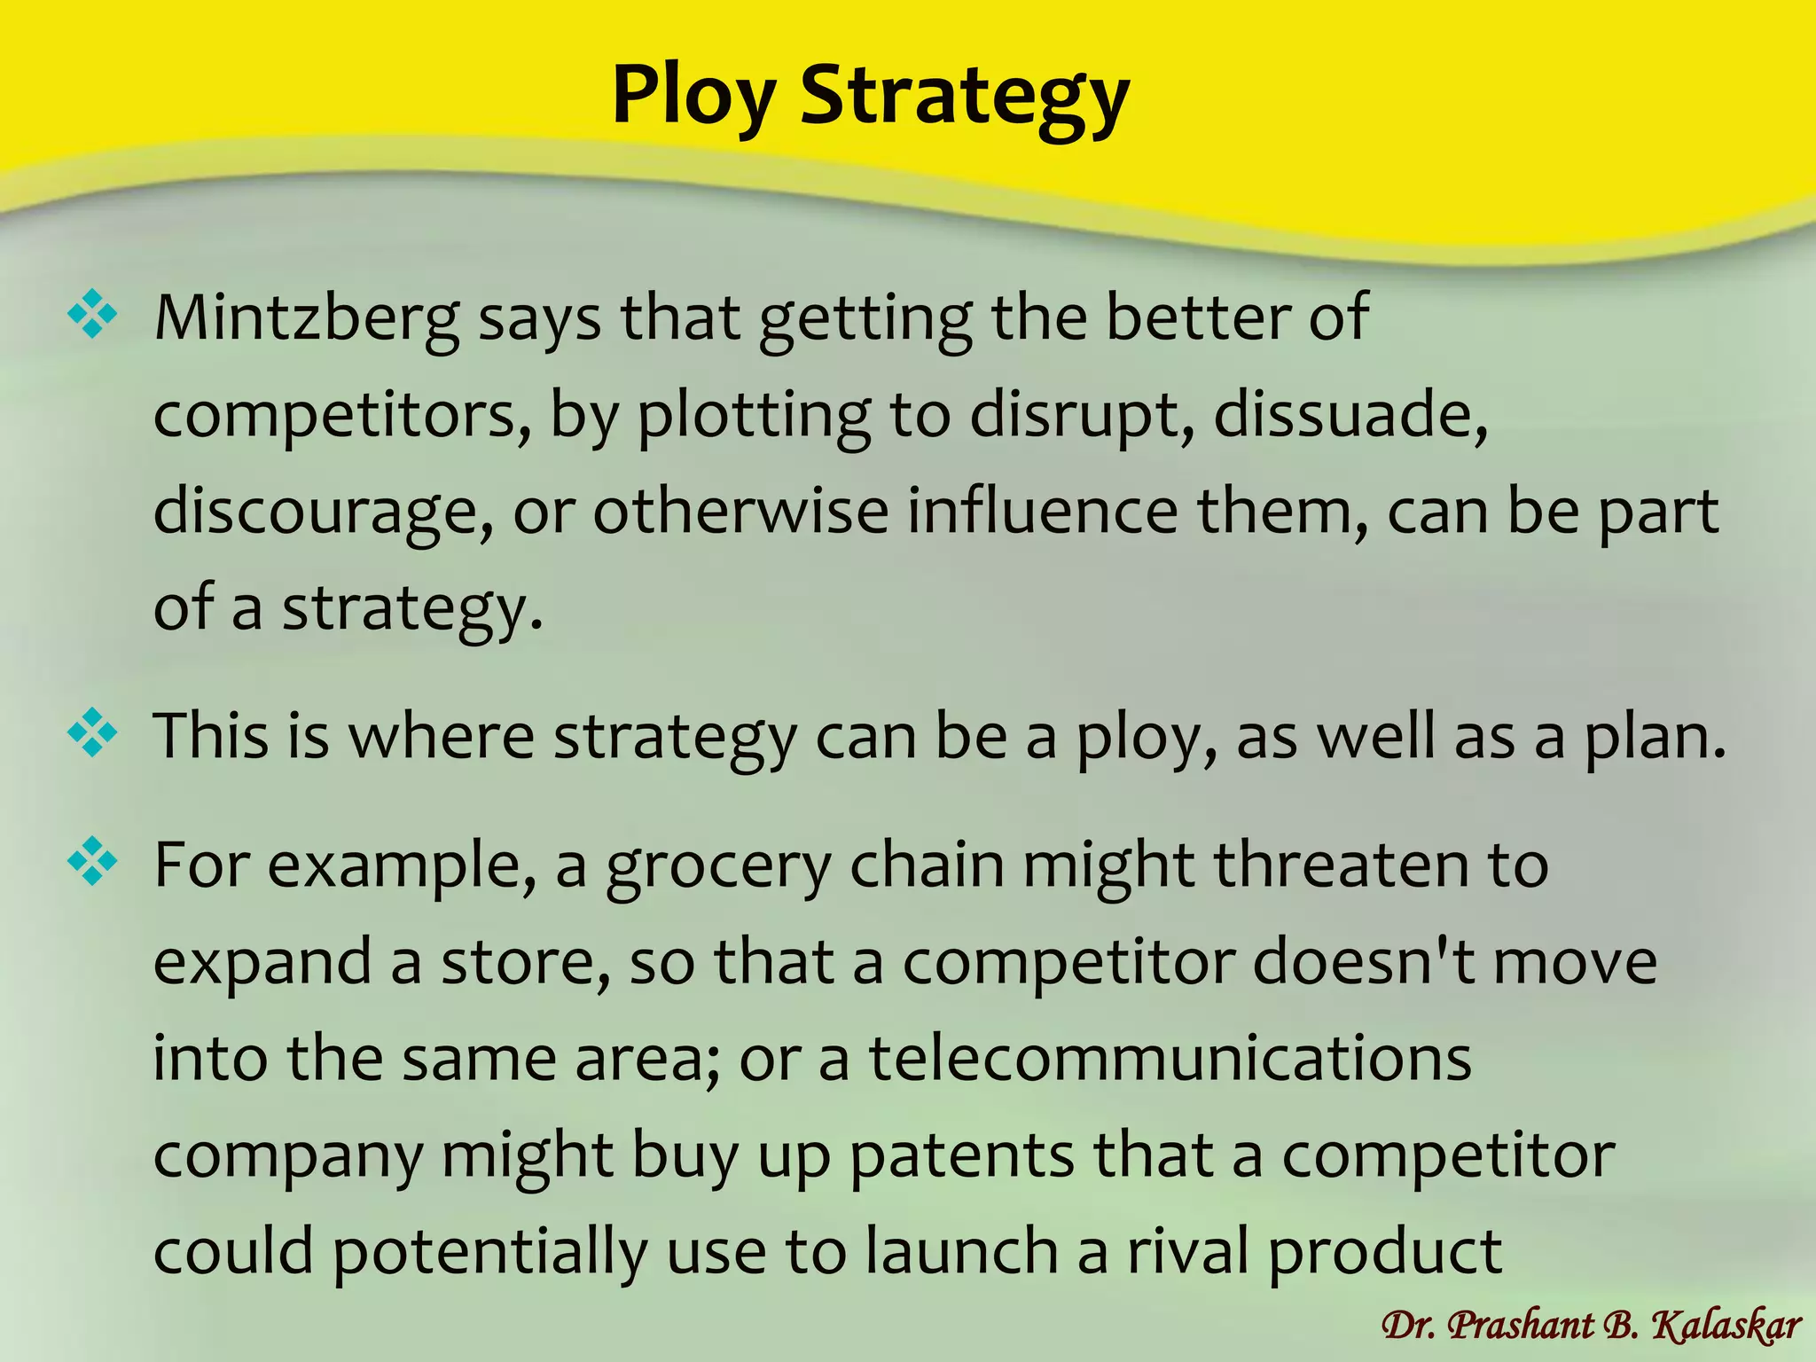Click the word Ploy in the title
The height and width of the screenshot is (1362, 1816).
point(693,96)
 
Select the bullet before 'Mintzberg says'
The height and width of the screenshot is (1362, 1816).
point(92,315)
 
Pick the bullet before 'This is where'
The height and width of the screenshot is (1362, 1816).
point(92,733)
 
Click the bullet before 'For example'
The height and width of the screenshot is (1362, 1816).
point(92,862)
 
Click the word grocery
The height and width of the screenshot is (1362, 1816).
point(718,865)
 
